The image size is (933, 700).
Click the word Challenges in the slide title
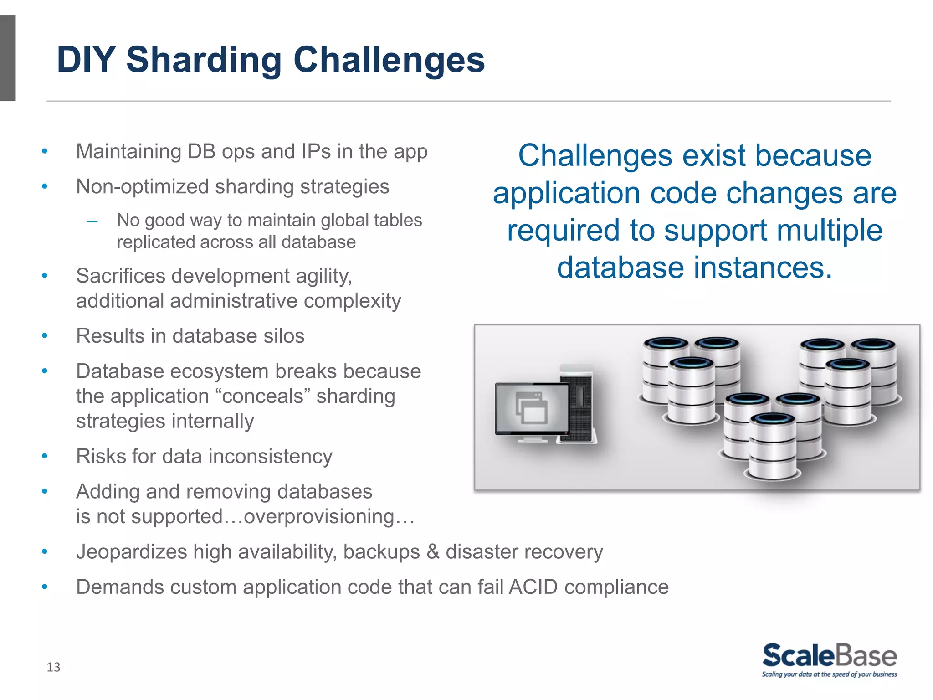tap(389, 60)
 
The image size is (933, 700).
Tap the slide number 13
tap(53, 667)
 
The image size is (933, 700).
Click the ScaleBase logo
tap(829, 656)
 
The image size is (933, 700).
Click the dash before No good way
tap(92, 222)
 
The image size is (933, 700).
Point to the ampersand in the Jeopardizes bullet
tap(433, 552)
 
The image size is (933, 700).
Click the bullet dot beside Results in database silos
tap(45, 336)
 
